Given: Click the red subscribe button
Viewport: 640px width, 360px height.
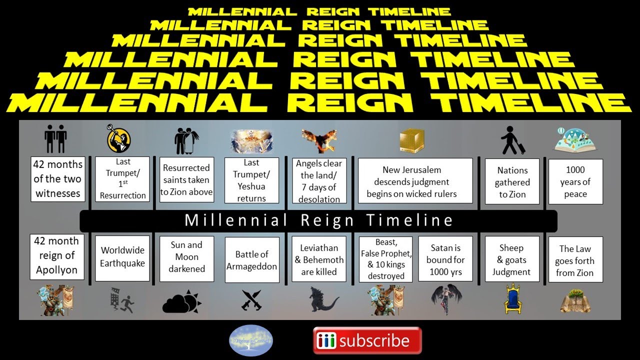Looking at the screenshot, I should coord(367,341).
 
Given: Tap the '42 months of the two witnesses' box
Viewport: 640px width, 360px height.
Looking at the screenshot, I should coord(58,178).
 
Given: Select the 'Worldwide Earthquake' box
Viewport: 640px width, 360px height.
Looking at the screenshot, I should coord(122,257).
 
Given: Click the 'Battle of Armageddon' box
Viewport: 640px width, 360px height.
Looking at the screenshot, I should coord(251,260).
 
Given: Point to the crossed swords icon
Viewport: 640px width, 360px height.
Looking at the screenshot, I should coord(251,300).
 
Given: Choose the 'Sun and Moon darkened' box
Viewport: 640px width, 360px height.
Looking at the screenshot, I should coord(186,257).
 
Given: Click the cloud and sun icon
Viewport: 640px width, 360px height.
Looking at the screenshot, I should coord(181,301).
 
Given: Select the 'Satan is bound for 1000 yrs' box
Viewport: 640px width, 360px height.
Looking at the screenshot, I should coord(445,260).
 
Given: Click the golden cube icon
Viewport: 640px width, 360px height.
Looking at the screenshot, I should coord(412,140).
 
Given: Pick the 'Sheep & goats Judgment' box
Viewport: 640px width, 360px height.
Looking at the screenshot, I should coord(512,260).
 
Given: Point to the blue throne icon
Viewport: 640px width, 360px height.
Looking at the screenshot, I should coord(512,298).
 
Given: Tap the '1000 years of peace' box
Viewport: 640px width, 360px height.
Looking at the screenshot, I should coord(575,181).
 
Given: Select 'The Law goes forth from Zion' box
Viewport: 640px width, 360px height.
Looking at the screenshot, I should coord(575,260).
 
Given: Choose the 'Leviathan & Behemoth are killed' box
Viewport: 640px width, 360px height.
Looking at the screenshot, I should coord(319,260).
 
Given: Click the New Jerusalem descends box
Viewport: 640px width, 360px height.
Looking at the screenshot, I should coord(415,181).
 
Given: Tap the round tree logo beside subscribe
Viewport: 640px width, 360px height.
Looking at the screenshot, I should coord(251,340).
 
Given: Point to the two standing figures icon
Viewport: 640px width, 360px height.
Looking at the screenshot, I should coord(55,139).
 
